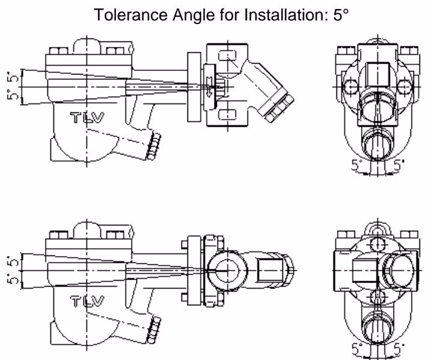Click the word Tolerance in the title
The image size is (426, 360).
[x=132, y=14]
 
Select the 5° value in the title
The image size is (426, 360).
[x=341, y=14]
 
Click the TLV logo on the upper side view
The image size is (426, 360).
[x=87, y=117]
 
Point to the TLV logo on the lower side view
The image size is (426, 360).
[x=87, y=301]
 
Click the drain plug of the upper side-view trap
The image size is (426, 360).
[x=154, y=146]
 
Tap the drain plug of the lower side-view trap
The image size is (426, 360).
[x=154, y=330]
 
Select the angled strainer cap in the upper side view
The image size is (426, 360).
[x=276, y=105]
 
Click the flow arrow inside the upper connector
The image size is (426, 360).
[x=209, y=87]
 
